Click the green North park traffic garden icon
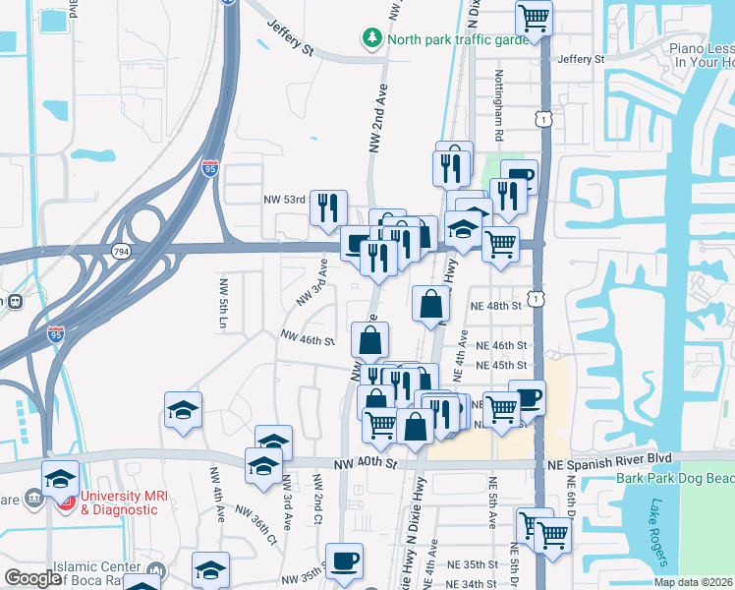pyautogui.click(x=372, y=39)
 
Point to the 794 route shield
pyautogui.click(x=121, y=252)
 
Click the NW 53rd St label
pyautogui.click(x=286, y=199)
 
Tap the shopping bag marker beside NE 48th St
pyautogui.click(x=431, y=304)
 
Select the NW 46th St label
pyautogui.click(x=307, y=338)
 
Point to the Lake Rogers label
pyautogui.click(x=655, y=532)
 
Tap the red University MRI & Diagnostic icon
pyautogui.click(x=67, y=502)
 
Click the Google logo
pyautogui.click(x=33, y=578)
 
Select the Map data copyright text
pyautogui.click(x=692, y=581)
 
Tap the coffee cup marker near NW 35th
pyautogui.click(x=344, y=560)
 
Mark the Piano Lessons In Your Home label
pyautogui.click(x=700, y=54)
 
